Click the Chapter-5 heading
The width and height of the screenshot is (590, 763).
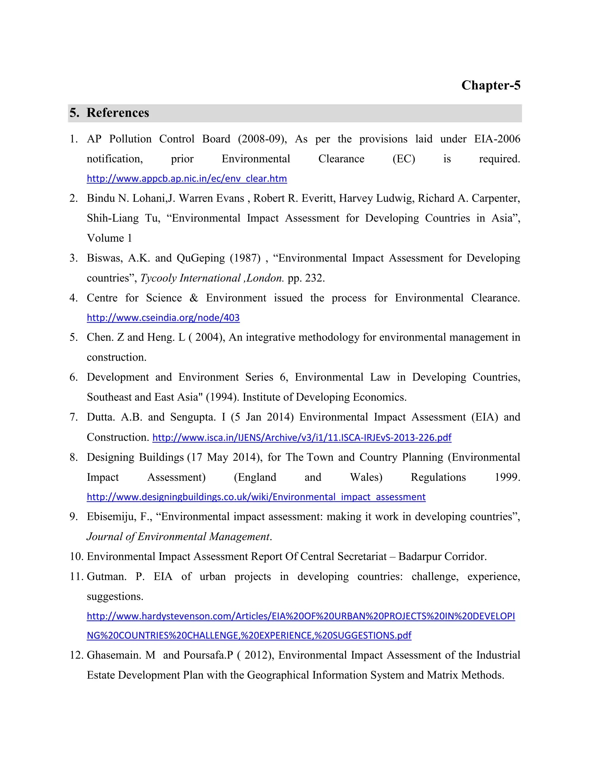click(x=490, y=85)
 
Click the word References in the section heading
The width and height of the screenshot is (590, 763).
click(x=118, y=113)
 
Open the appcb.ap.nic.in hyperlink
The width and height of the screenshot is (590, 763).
click(x=187, y=179)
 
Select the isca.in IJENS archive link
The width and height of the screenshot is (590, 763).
click(x=302, y=437)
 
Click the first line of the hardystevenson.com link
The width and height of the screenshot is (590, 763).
click(x=300, y=616)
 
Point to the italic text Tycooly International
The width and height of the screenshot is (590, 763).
click(x=190, y=278)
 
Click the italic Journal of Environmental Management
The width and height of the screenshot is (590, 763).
click(x=178, y=537)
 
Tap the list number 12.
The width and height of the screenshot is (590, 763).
click(x=76, y=655)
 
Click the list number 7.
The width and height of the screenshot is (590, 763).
click(x=73, y=417)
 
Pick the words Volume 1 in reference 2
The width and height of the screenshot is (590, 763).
click(x=109, y=238)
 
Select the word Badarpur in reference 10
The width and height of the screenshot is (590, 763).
click(x=419, y=557)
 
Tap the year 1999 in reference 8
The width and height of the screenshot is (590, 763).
click(x=507, y=477)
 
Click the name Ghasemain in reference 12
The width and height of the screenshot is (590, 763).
click(x=114, y=655)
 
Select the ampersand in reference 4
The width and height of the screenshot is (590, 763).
click(x=194, y=298)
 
